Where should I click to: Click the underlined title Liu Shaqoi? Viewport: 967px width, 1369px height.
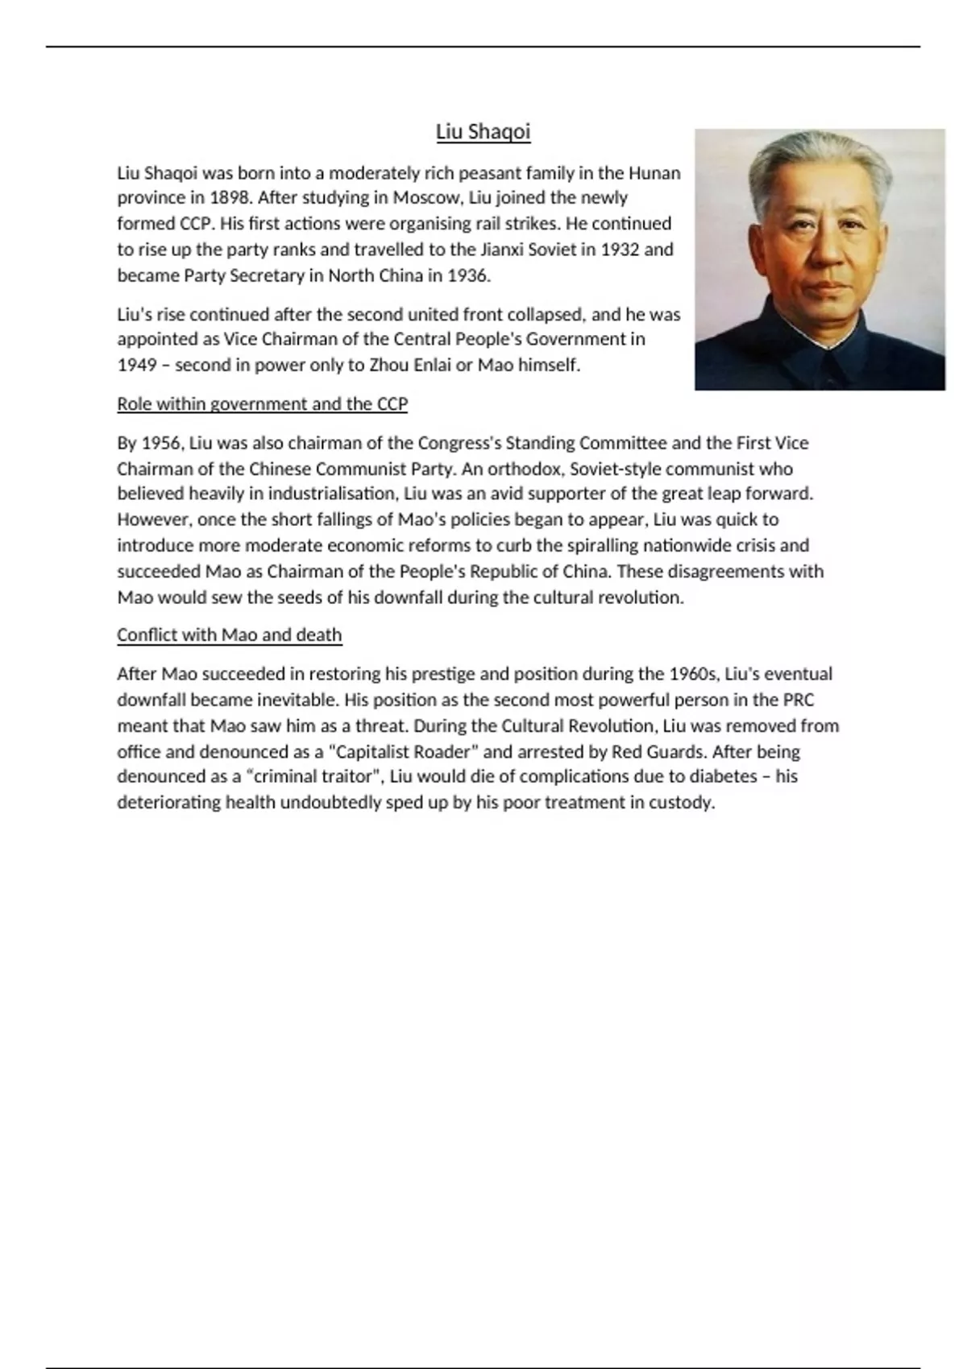(483, 131)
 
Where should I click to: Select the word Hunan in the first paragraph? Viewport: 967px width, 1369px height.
(654, 173)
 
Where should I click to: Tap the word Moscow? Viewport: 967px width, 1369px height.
(425, 198)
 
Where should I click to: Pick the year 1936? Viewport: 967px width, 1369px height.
(468, 275)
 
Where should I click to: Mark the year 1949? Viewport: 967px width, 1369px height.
(137, 365)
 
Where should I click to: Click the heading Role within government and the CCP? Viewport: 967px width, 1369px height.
(262, 403)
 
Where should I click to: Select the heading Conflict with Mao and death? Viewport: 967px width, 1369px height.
(229, 635)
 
